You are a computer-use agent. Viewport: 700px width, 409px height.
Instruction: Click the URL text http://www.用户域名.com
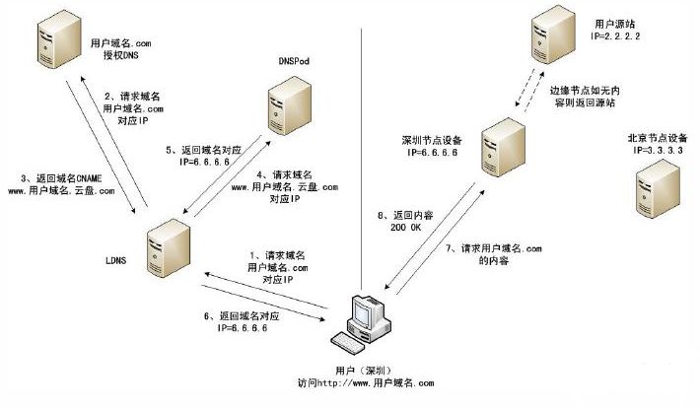[374, 383]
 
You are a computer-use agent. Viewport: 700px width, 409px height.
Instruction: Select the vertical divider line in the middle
[364, 148]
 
